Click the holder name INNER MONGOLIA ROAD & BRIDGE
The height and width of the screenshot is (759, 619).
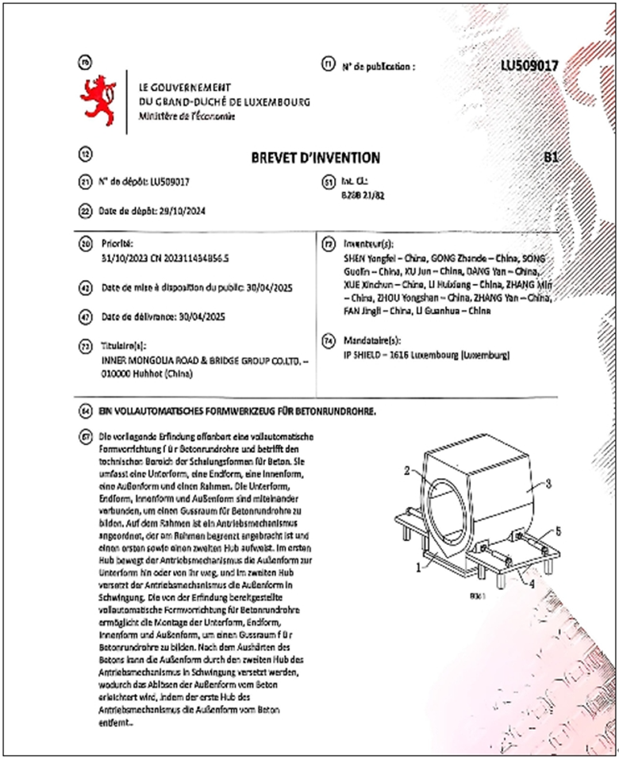click(x=198, y=358)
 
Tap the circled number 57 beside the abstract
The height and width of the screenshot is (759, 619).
click(x=85, y=438)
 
